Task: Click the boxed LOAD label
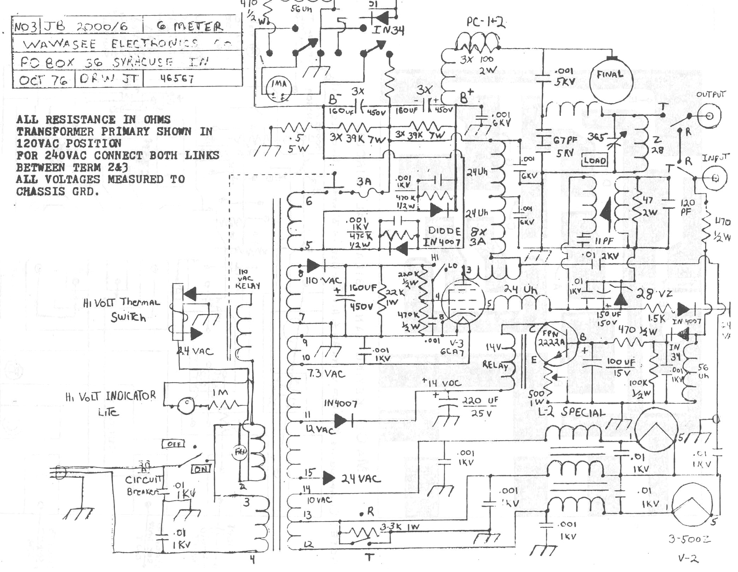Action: point(595,160)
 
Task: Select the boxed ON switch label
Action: point(201,469)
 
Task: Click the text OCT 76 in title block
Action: point(43,80)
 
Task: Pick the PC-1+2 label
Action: point(486,23)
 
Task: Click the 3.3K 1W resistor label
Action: point(400,527)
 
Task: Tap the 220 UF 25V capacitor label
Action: point(480,406)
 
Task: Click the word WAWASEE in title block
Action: point(60,44)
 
